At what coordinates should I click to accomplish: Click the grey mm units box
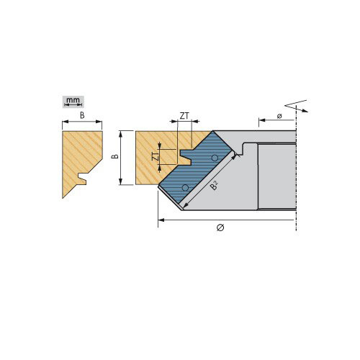tap(73, 102)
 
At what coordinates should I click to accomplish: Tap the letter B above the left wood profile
tap(82, 115)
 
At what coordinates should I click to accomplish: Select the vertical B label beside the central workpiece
tap(115, 156)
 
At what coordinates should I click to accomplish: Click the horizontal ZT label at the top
tap(184, 116)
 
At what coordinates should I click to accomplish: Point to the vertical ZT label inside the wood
tap(156, 156)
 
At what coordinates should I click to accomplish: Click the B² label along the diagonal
tap(214, 185)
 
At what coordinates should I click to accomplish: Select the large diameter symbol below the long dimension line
tap(220, 228)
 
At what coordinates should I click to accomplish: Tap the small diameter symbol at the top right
tap(279, 116)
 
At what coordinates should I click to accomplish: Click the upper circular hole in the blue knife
tap(215, 158)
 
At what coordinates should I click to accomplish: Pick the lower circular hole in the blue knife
tap(185, 188)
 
